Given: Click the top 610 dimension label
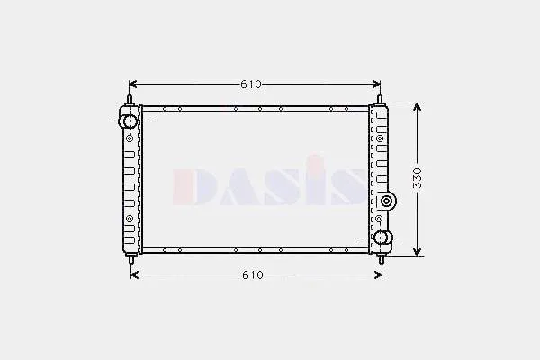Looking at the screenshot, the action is pos(251,85).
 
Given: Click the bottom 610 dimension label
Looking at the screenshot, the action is pos(253,274).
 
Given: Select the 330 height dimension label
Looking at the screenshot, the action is pos(417,178).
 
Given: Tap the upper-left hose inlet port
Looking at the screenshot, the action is pos(129,121).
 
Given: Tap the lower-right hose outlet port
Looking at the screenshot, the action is pos(382,238).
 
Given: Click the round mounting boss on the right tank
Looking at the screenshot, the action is pos(387,202).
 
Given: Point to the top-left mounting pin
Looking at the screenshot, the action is pos(130,100).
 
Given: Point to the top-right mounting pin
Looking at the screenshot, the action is pos(380,100).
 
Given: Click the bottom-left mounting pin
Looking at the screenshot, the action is pos(131,259).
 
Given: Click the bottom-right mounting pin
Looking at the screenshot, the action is pos(382,259).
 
